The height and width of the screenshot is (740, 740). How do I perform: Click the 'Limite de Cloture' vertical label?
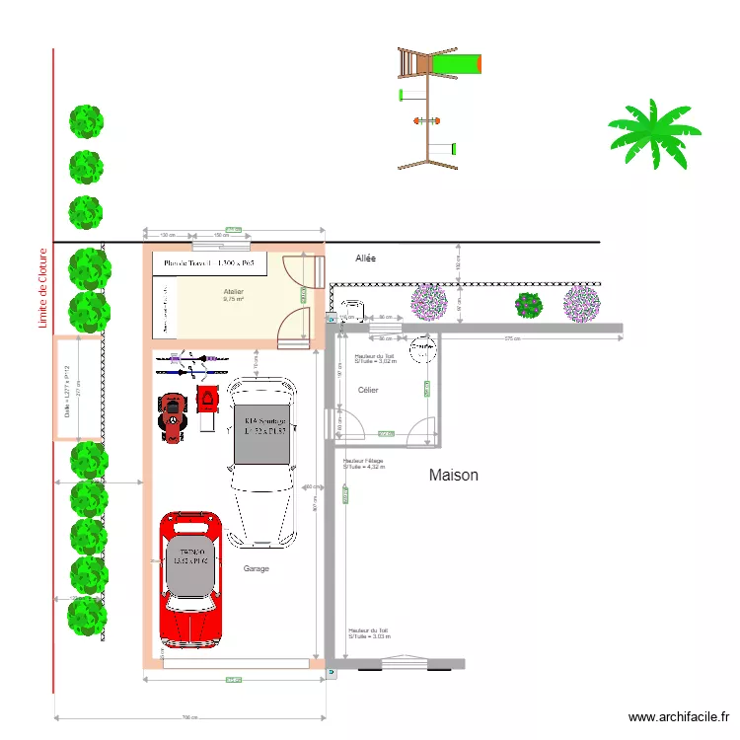point(43,288)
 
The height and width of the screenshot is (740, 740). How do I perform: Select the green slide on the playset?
point(457,65)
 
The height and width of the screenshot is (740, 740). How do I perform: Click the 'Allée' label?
point(367,259)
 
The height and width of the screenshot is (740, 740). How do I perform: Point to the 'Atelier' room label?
point(233,292)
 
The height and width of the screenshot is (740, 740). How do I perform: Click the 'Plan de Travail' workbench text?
point(209,263)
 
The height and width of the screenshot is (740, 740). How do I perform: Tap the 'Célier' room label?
point(369,391)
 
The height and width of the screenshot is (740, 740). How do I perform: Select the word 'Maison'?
point(454,475)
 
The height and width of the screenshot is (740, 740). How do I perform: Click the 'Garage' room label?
point(257,568)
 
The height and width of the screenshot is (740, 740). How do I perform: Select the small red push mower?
point(208,406)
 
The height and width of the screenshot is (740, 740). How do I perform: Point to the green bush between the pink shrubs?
point(529,306)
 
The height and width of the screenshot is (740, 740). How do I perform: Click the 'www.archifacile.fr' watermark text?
point(680,718)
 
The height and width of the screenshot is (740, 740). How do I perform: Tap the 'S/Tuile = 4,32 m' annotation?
point(363,467)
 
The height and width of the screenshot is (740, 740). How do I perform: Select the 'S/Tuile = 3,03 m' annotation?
point(368,636)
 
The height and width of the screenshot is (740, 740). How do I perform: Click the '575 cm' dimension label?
point(511,339)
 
